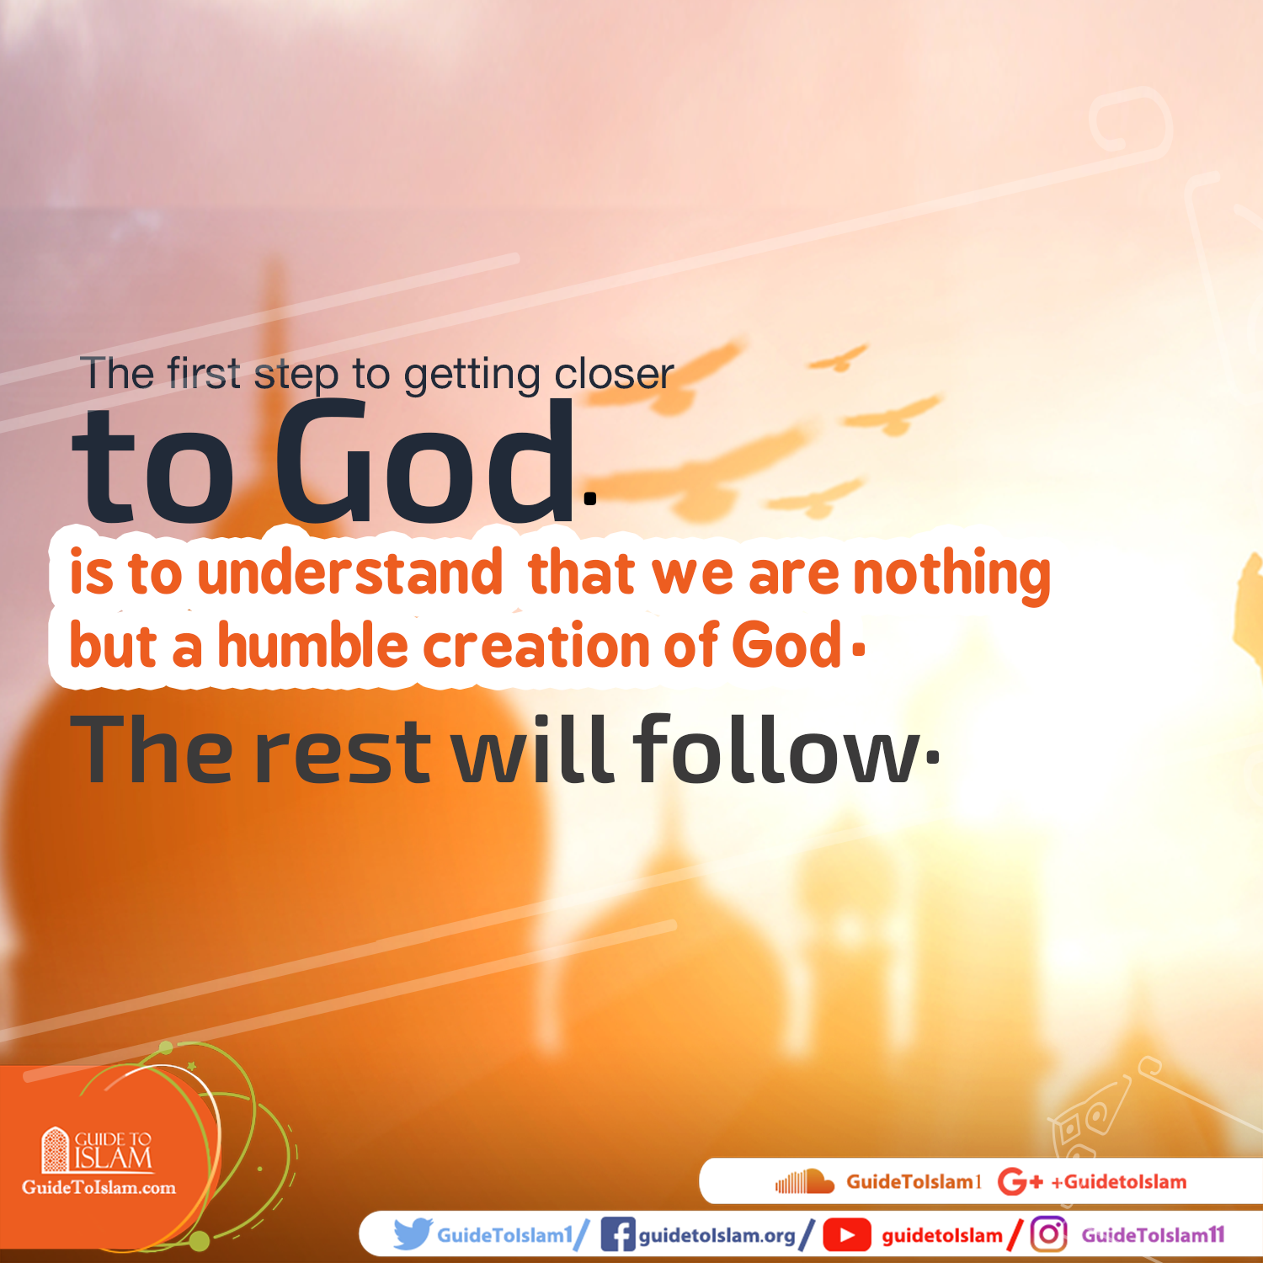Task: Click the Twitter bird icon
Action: tap(413, 1234)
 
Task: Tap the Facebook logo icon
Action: tap(617, 1235)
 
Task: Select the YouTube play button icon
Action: tap(846, 1235)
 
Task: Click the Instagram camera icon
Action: tap(1048, 1234)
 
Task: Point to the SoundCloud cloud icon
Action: tap(804, 1181)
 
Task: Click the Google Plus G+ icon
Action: tap(1020, 1182)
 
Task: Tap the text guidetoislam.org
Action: tap(717, 1235)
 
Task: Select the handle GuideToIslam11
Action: tap(1153, 1235)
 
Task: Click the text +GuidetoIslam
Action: tap(1119, 1182)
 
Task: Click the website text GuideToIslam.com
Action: tap(99, 1188)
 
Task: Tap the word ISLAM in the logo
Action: tap(114, 1159)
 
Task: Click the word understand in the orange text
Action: tap(349, 573)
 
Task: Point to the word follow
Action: tap(775, 749)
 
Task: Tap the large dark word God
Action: tap(425, 463)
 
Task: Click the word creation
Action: tap(536, 646)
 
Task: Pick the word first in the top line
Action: tap(204, 373)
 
